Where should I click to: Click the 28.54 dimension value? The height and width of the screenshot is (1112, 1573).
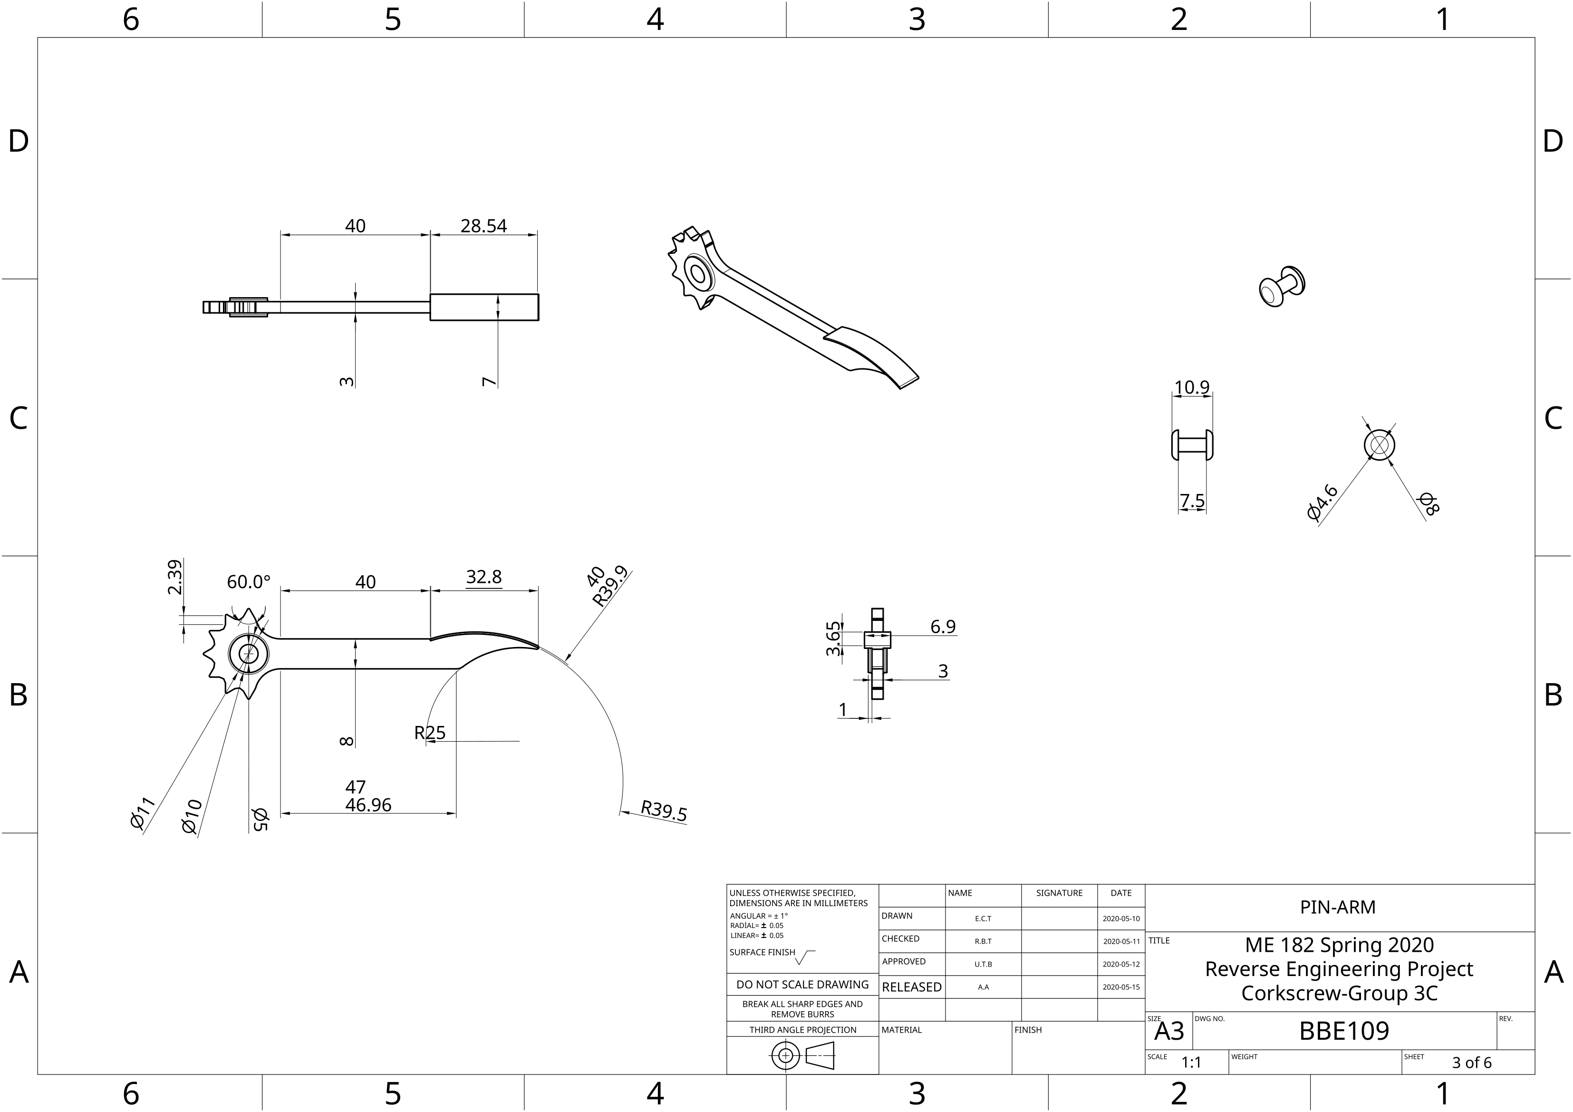(x=483, y=226)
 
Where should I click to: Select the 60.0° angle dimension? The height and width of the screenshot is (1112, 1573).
(x=249, y=582)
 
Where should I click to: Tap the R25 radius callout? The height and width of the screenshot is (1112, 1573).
(x=430, y=733)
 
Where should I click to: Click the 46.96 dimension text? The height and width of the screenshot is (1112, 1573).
(x=368, y=805)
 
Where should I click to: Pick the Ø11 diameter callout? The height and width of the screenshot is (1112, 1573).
(x=143, y=813)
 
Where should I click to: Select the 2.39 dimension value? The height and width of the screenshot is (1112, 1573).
(x=175, y=577)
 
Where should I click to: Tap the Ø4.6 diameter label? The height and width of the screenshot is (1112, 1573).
(x=1322, y=502)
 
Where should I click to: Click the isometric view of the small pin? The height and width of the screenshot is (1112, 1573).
(x=1281, y=286)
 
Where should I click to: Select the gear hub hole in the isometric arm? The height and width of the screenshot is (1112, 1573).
(x=698, y=274)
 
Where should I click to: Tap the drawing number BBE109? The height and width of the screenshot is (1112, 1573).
(x=1343, y=1031)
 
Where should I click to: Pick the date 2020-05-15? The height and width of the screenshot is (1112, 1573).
(x=1121, y=987)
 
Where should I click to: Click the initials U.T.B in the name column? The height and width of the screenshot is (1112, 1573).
(x=983, y=964)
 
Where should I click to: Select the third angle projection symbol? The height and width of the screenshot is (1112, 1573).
(x=802, y=1056)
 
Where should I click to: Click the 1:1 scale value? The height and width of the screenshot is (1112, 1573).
(x=1191, y=1063)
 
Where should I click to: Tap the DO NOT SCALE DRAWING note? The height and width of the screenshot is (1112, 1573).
(x=802, y=985)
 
